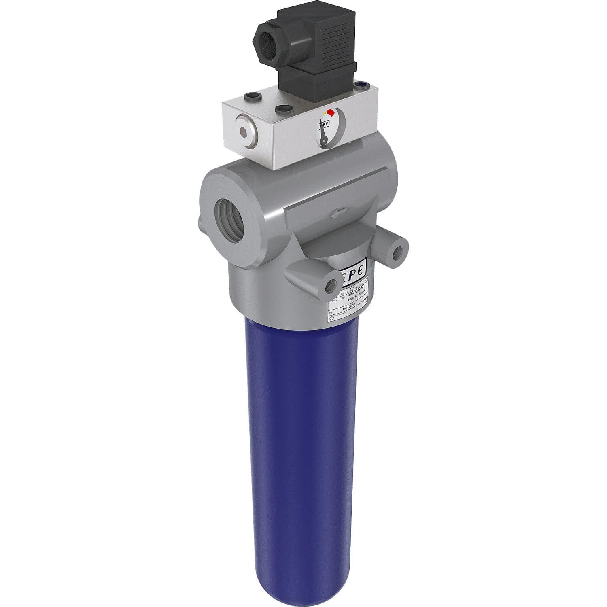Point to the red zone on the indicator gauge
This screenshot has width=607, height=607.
[x=330, y=112]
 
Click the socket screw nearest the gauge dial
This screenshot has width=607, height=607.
[x=283, y=109]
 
